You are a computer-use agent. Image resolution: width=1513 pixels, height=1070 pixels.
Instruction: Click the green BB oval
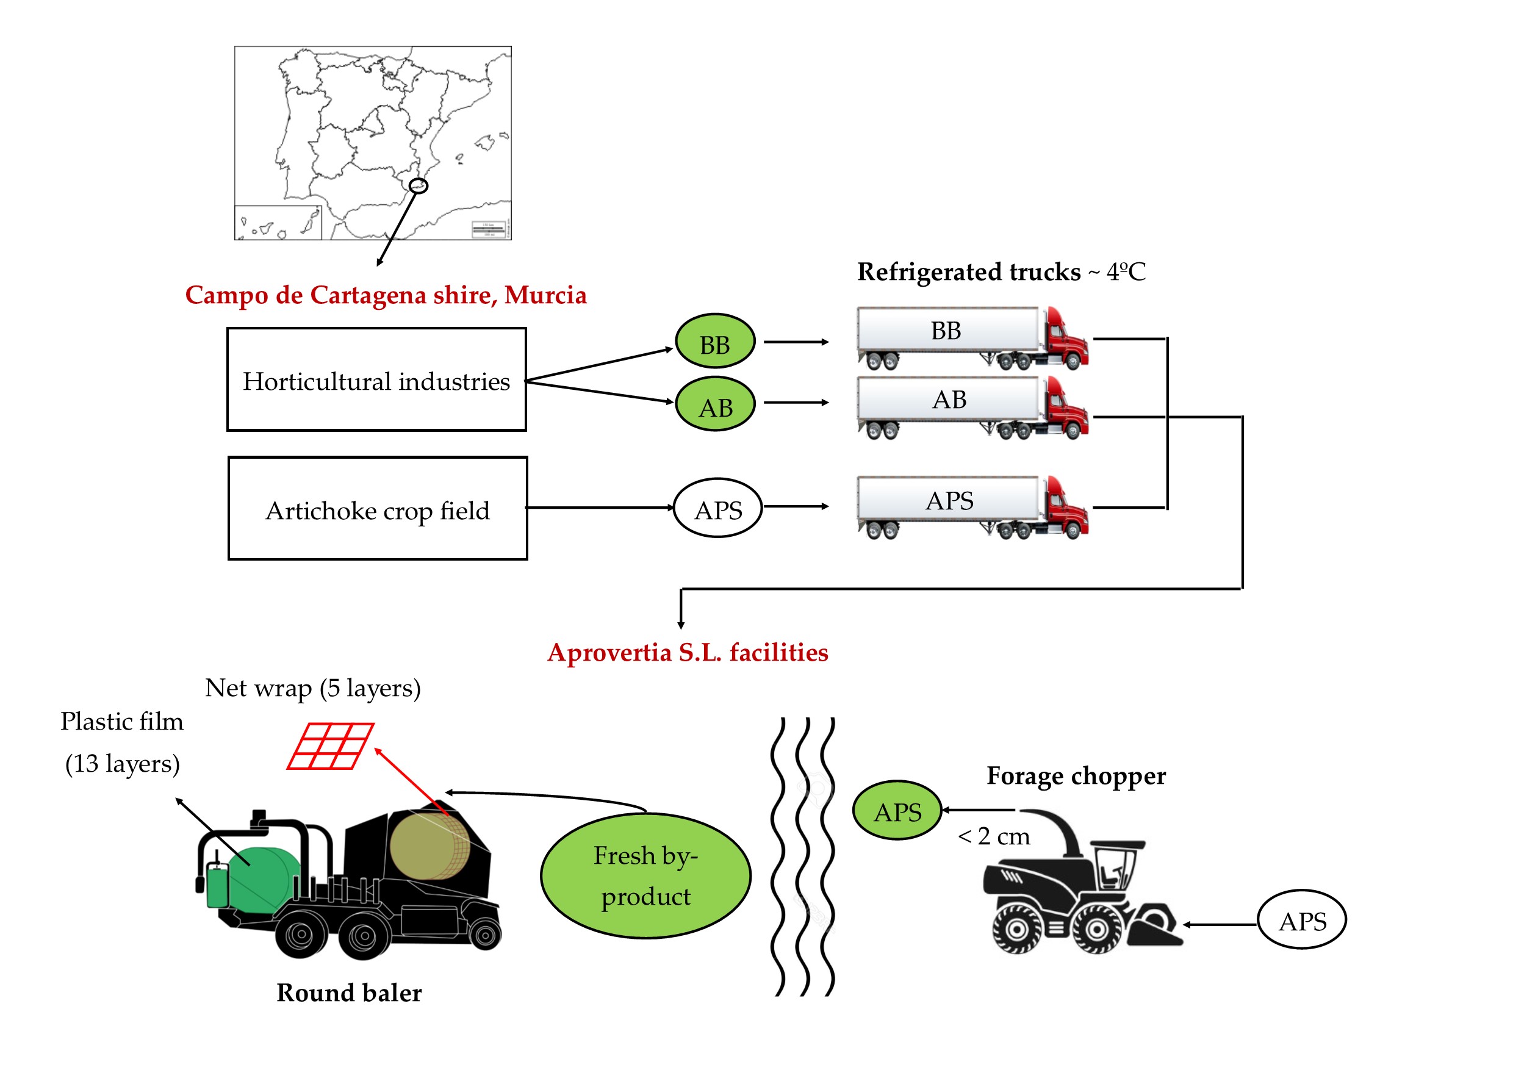715,341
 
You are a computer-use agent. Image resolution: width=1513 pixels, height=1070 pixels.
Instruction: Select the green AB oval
715,404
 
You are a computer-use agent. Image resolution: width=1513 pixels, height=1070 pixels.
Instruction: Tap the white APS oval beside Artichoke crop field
717,508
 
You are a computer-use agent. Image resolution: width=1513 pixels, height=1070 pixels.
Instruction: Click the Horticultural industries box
376,379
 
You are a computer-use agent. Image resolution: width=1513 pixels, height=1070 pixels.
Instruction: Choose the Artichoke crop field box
378,509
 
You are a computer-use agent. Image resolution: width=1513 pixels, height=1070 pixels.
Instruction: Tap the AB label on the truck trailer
949,400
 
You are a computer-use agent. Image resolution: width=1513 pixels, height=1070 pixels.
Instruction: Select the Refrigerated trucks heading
1001,271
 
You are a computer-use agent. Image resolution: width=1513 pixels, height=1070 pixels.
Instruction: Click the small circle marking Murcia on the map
419,186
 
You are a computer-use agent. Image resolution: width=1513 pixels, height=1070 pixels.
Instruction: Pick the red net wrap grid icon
331,746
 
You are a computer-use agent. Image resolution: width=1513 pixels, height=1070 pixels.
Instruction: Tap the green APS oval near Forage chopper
897,810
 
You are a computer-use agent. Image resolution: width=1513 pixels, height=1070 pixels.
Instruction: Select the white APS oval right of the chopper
1302,920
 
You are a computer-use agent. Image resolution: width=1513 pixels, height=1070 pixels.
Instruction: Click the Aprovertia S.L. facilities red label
688,652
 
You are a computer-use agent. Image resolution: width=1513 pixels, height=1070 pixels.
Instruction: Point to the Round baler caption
349,993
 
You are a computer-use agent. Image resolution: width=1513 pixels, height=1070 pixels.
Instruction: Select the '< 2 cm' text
994,836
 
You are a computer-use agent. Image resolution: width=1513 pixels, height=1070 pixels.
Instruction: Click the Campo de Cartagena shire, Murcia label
386,295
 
